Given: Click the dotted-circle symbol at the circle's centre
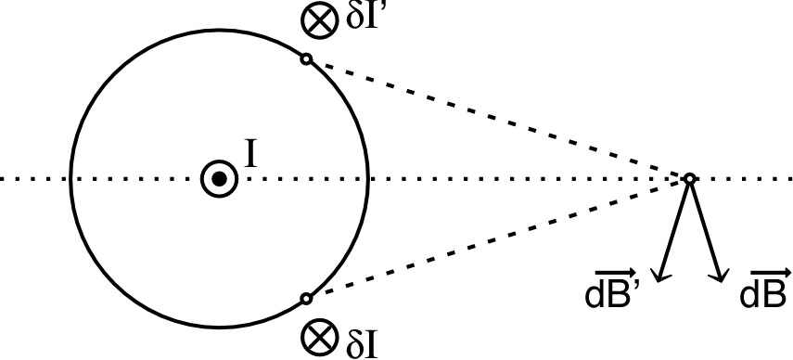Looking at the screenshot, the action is coord(217,179).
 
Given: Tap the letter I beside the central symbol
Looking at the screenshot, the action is coord(249,154).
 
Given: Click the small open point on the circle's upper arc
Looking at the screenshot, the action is coord(306,59).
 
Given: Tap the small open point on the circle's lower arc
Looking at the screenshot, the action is coord(306,299).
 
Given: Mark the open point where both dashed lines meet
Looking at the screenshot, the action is coord(689,178).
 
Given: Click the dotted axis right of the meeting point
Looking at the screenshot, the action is coord(742,178).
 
